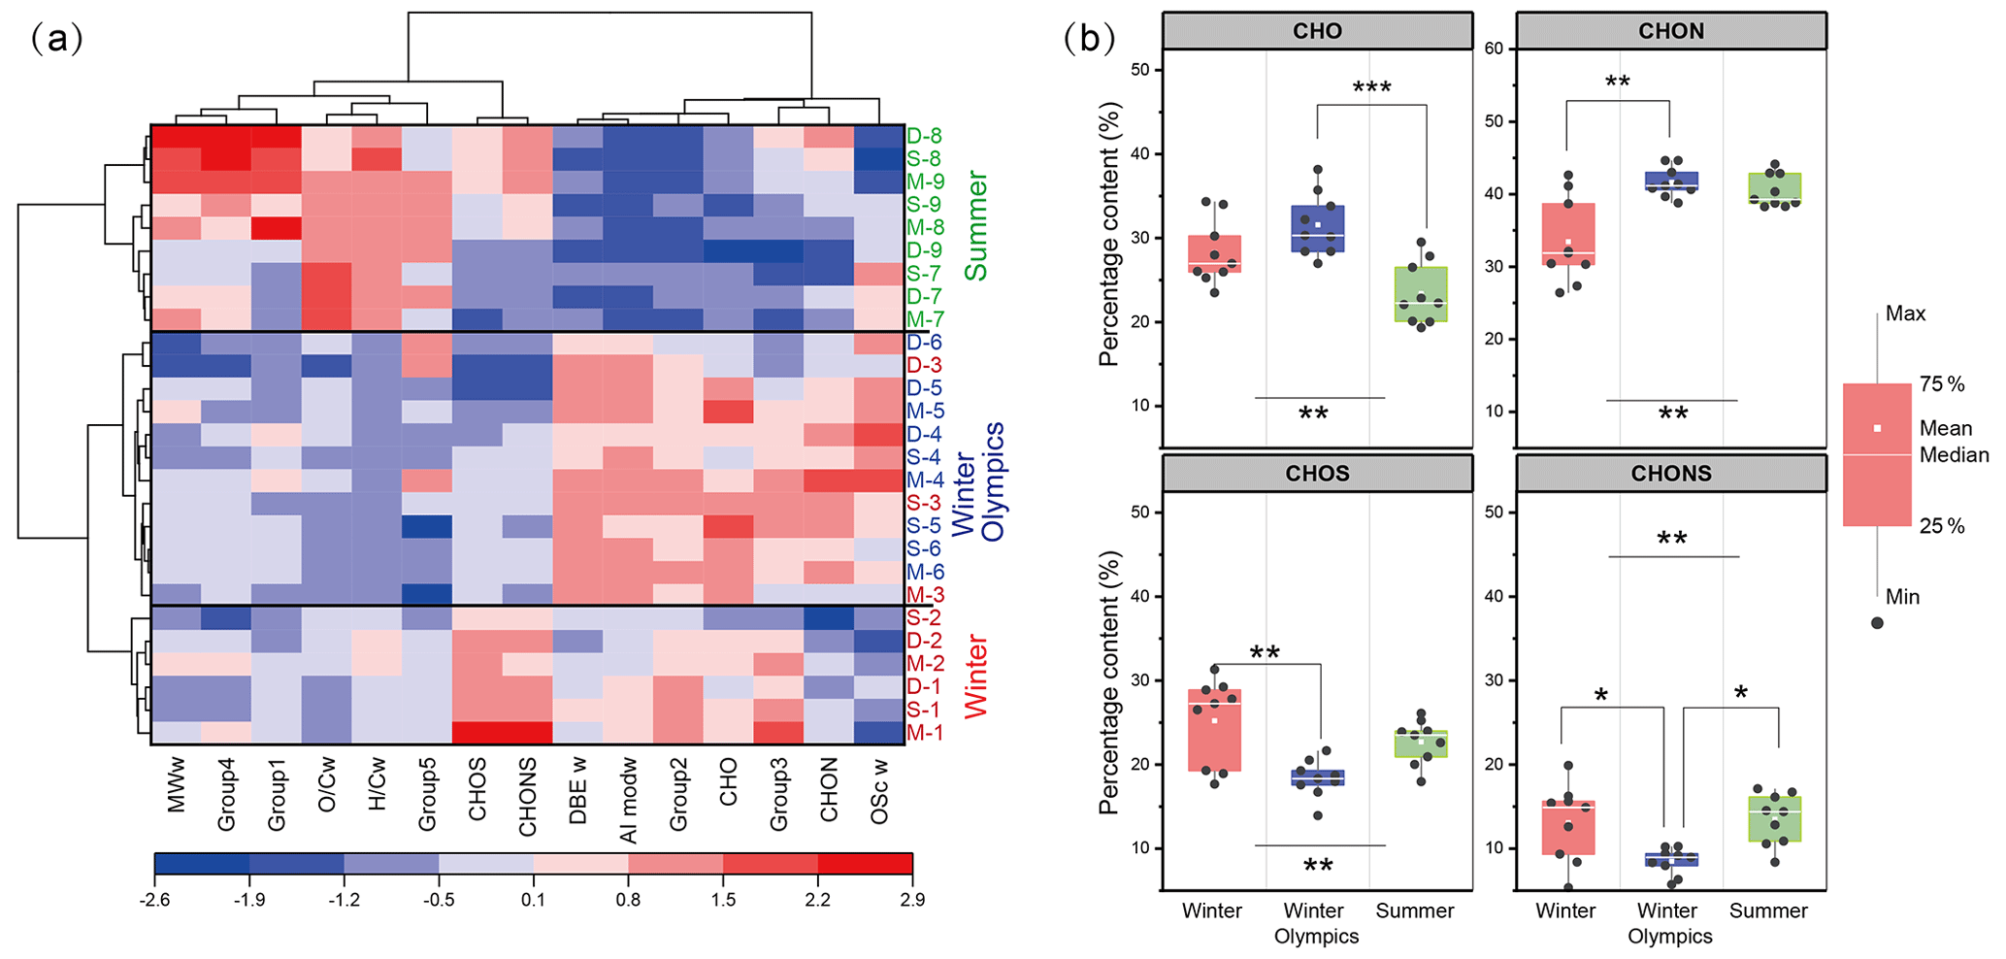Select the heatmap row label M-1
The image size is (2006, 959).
(x=924, y=732)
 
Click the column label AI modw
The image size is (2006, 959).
(x=628, y=800)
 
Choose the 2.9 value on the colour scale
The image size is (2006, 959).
(x=912, y=900)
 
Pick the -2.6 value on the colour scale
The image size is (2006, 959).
(x=154, y=900)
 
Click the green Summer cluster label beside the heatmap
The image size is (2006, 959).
(x=975, y=226)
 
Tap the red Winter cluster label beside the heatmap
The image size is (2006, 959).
(x=975, y=677)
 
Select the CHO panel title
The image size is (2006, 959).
(x=1317, y=31)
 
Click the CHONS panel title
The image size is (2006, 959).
(x=1670, y=474)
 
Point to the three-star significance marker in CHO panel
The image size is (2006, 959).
(x=1371, y=89)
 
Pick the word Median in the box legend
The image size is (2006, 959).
(x=1954, y=455)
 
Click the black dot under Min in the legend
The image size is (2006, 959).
(x=1877, y=622)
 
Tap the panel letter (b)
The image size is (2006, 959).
(x=1088, y=38)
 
